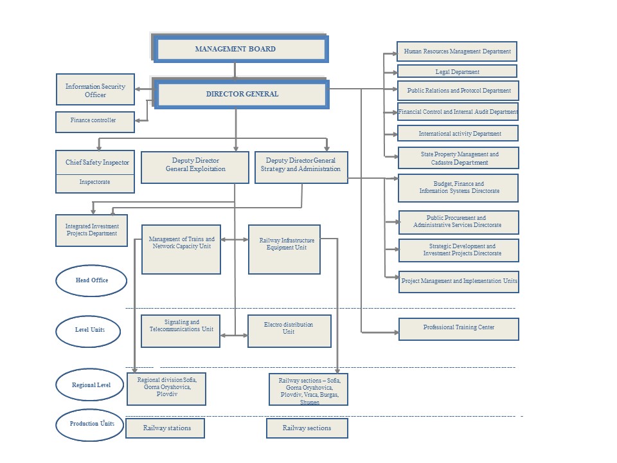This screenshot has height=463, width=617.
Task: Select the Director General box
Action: click(x=242, y=94)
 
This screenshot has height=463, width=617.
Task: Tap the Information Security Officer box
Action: click(x=96, y=90)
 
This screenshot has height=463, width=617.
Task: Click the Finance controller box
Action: click(x=95, y=120)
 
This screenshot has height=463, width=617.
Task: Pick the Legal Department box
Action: click(x=458, y=71)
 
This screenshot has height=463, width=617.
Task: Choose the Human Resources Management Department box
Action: click(x=458, y=51)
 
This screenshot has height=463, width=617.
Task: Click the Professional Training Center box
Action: click(x=459, y=328)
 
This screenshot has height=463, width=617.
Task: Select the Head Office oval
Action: click(x=91, y=280)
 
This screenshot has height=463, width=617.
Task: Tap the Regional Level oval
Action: click(x=91, y=386)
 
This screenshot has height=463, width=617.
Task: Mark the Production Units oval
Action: click(x=91, y=424)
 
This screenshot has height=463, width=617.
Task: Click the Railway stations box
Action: click(x=165, y=428)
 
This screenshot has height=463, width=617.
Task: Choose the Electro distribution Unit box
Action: click(x=289, y=331)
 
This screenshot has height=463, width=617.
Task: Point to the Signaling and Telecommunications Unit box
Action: click(x=181, y=331)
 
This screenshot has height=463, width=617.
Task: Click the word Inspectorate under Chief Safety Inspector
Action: click(x=95, y=183)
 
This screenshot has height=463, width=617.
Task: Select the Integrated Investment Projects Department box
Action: click(x=92, y=230)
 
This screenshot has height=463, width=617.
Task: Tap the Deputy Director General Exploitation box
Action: click(x=195, y=167)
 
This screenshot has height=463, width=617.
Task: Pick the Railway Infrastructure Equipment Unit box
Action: click(x=284, y=249)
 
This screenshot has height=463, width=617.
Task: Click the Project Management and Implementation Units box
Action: click(x=459, y=282)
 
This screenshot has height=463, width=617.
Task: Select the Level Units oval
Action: click(x=90, y=331)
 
